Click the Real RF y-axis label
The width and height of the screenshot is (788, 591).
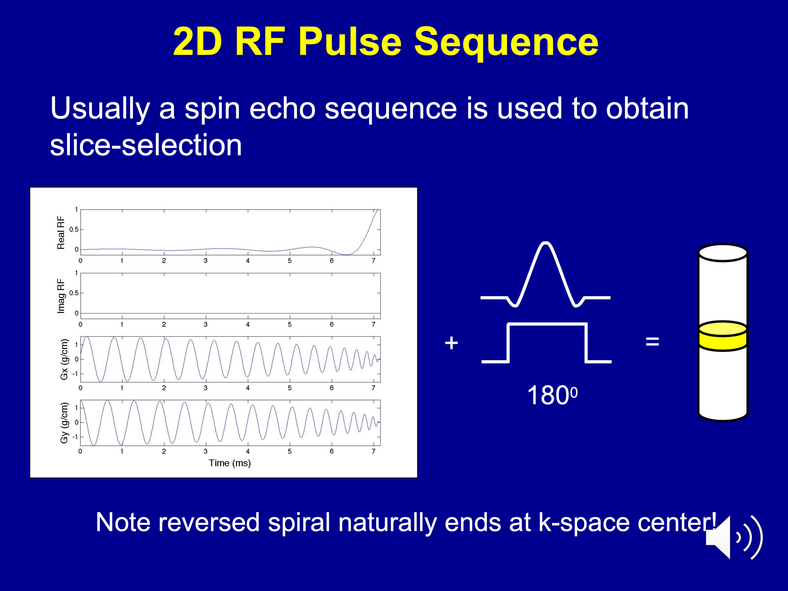[61, 233]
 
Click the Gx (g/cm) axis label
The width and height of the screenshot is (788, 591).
[64, 359]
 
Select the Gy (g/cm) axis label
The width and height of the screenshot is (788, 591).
[64, 423]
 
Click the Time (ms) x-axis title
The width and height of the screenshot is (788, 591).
[230, 463]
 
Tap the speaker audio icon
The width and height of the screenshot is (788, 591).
[734, 537]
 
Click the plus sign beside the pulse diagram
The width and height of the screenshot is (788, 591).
[451, 343]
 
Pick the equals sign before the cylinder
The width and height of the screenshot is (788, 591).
[652, 341]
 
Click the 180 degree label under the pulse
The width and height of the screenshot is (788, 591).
[552, 395]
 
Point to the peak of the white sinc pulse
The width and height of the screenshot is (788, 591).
[545, 243]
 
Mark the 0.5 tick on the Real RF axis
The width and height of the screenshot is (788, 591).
[74, 229]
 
